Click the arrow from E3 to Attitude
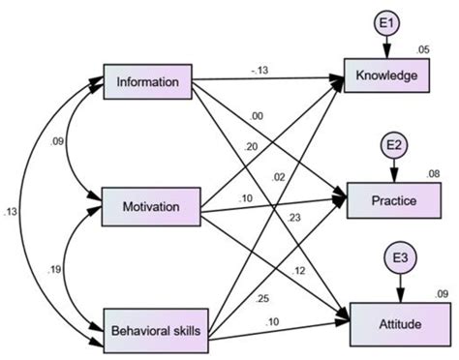coord(399,285)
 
